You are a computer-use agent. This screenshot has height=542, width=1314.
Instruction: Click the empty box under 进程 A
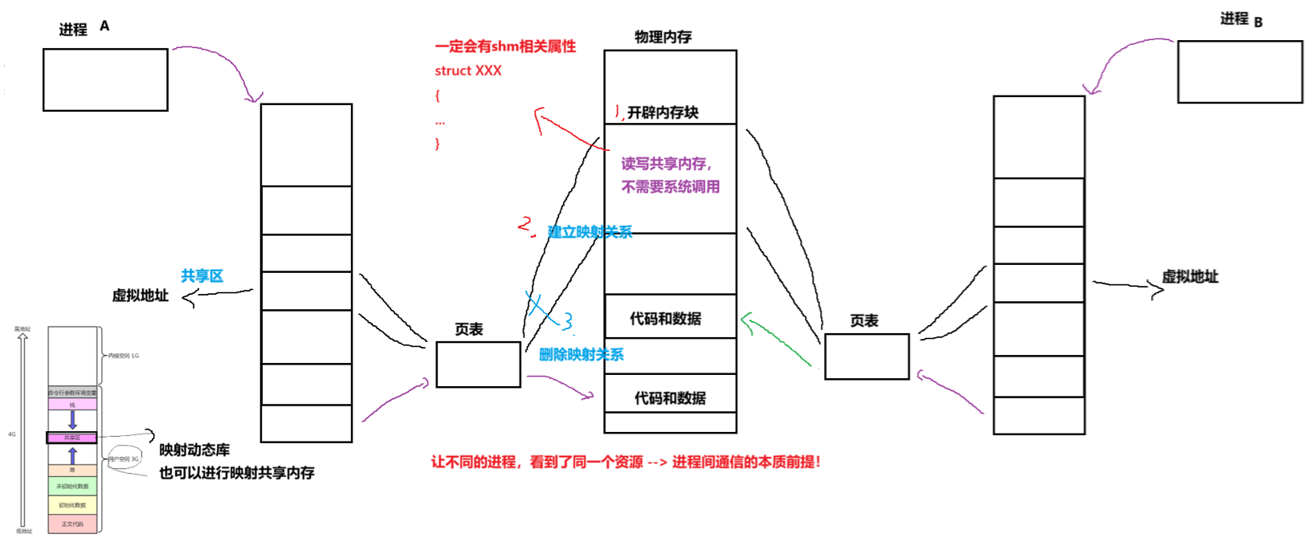click(105, 79)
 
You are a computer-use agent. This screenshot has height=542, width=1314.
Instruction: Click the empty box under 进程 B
click(1239, 72)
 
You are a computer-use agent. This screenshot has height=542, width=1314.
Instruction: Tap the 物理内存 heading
click(663, 37)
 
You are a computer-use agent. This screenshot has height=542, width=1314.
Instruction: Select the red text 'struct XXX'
click(468, 71)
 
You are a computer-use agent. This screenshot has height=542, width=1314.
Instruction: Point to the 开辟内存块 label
click(663, 113)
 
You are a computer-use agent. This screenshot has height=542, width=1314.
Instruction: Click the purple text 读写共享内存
click(666, 164)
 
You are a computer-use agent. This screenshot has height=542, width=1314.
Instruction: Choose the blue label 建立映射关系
click(590, 232)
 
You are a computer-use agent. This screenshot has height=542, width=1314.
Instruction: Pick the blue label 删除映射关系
click(581, 355)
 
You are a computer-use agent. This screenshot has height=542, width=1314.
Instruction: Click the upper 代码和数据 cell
click(666, 319)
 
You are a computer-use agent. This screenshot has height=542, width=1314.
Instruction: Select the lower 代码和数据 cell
click(670, 398)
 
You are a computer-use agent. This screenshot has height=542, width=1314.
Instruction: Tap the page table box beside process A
click(478, 365)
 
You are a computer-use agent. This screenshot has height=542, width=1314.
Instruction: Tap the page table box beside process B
click(867, 357)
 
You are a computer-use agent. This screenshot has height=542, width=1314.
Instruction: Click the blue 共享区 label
click(202, 276)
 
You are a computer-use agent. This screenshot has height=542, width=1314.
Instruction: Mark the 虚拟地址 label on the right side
click(1190, 277)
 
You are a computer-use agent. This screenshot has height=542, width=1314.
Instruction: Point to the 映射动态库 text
click(194, 450)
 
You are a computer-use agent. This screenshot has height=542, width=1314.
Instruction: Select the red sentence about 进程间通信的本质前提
click(626, 463)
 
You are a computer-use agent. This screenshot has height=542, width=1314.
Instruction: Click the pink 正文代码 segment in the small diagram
click(72, 524)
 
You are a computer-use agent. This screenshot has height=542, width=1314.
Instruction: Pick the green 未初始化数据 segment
click(72, 486)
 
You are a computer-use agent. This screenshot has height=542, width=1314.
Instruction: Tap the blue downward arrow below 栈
click(72, 419)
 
